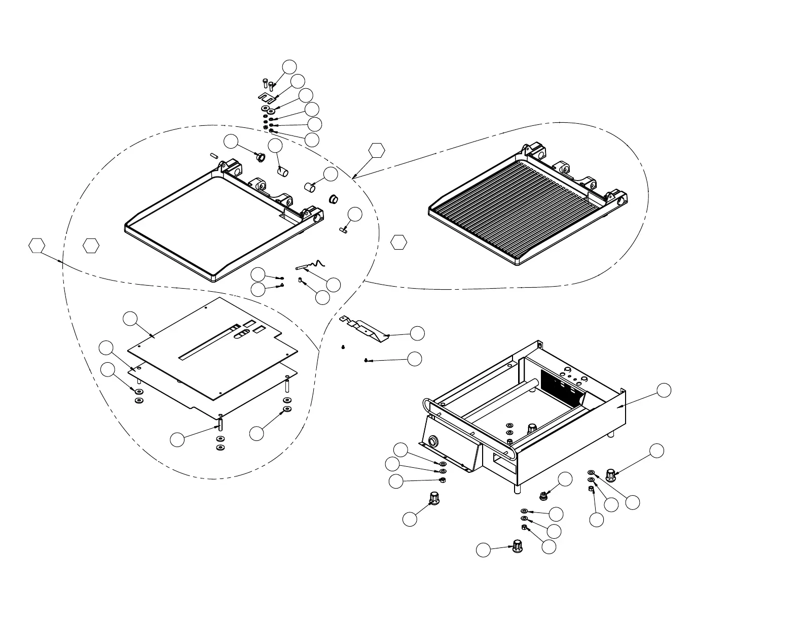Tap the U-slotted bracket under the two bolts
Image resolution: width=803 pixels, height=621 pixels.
tap(266, 96)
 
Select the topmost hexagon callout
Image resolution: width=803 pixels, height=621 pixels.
tap(376, 150)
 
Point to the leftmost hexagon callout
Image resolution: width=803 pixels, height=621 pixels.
tap(37, 245)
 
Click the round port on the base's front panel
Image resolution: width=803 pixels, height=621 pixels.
tap(433, 440)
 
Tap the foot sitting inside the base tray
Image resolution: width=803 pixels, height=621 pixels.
tap(532, 428)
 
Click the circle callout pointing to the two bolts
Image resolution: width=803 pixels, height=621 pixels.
tap(289, 66)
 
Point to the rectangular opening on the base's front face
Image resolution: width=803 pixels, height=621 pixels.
tap(500, 460)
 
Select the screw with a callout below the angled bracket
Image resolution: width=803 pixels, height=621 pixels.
tap(366, 360)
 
